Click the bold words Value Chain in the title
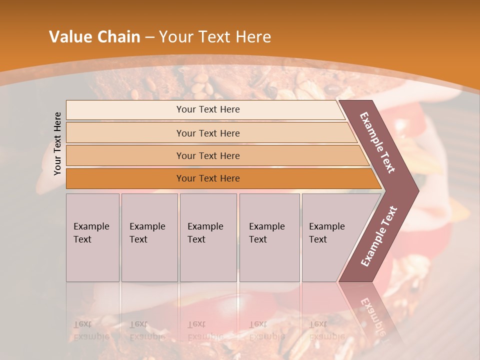(94, 37)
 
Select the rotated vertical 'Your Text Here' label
(57, 143)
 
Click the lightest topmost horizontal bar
(207, 109)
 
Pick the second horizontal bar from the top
(207, 133)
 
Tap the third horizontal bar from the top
(207, 155)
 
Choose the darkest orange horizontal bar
(207, 178)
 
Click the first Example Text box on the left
(92, 237)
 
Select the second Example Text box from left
(149, 237)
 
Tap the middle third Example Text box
(208, 237)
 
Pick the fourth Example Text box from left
(269, 237)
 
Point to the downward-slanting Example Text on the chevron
(377, 142)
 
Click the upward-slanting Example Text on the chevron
(378, 236)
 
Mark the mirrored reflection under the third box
(205, 330)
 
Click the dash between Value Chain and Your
(149, 37)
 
